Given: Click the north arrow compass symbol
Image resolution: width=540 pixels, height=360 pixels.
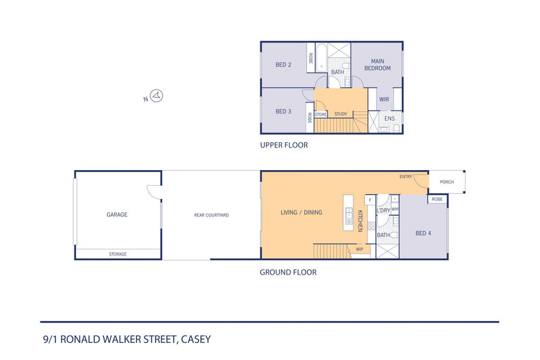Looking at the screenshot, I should tap(156, 96).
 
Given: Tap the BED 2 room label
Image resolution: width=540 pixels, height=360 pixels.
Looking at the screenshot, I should tap(284, 65).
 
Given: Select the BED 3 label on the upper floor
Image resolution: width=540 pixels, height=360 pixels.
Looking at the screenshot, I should tap(284, 111).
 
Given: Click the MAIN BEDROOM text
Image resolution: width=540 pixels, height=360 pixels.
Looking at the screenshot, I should tap(377, 65).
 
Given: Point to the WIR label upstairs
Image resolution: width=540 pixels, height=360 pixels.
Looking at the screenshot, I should tap(383, 100).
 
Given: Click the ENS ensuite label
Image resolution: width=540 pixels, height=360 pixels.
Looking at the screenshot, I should tap(390, 119).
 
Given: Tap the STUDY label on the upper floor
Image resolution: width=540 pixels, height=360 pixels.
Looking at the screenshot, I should tap(340, 114).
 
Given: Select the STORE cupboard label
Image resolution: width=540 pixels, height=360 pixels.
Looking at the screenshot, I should tap(321, 114).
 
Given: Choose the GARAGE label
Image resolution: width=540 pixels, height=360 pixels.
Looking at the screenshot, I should tap(117, 214).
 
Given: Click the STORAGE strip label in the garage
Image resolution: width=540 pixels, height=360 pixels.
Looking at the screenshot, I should tap(118, 254).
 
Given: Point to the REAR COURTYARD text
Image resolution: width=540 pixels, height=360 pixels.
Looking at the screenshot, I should tap(211, 215).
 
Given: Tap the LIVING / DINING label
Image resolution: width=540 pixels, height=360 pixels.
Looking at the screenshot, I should tap(301, 212).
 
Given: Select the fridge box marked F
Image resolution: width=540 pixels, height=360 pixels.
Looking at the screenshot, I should tap(370, 199).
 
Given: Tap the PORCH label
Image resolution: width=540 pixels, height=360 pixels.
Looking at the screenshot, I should tap(447, 182).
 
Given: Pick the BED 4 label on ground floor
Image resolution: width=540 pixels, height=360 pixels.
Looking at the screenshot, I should tap(424, 233).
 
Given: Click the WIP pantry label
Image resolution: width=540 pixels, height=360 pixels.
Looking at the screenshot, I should tap(360, 249).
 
